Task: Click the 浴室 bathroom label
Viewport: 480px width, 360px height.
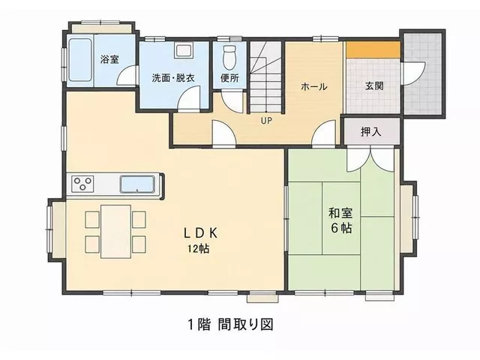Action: pos(109,59)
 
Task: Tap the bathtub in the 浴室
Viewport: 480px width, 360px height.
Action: pos(80,60)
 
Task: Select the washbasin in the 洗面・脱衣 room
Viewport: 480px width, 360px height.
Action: pos(184,50)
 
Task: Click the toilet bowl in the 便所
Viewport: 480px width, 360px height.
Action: pos(229,58)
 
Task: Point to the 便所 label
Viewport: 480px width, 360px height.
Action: pos(229,78)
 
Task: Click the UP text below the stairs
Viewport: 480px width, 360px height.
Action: pos(266,121)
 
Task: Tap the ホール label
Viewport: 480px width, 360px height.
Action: pos(314,87)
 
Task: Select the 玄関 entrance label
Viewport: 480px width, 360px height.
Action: pos(374,85)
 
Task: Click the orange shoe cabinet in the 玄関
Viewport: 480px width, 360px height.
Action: pos(373,49)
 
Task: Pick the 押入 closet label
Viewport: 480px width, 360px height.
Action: pos(370,132)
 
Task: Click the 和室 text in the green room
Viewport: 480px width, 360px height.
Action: pos(340,213)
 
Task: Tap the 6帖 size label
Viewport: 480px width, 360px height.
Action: pos(340,228)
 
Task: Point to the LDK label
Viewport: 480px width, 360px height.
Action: pos(200,233)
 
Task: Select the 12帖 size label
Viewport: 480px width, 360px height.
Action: pos(198,249)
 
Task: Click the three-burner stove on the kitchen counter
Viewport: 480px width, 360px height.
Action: pos(82,184)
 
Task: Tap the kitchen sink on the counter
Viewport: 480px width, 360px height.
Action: pos(137,184)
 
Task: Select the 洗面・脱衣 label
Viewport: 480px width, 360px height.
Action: pos(173,78)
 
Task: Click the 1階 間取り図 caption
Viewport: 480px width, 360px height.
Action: pos(230,324)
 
